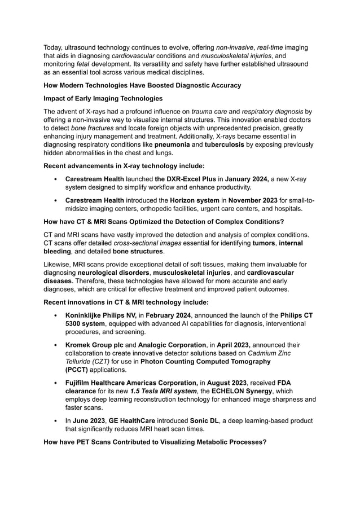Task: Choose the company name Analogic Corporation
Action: coord(172,345)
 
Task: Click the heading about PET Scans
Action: coord(155,442)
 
